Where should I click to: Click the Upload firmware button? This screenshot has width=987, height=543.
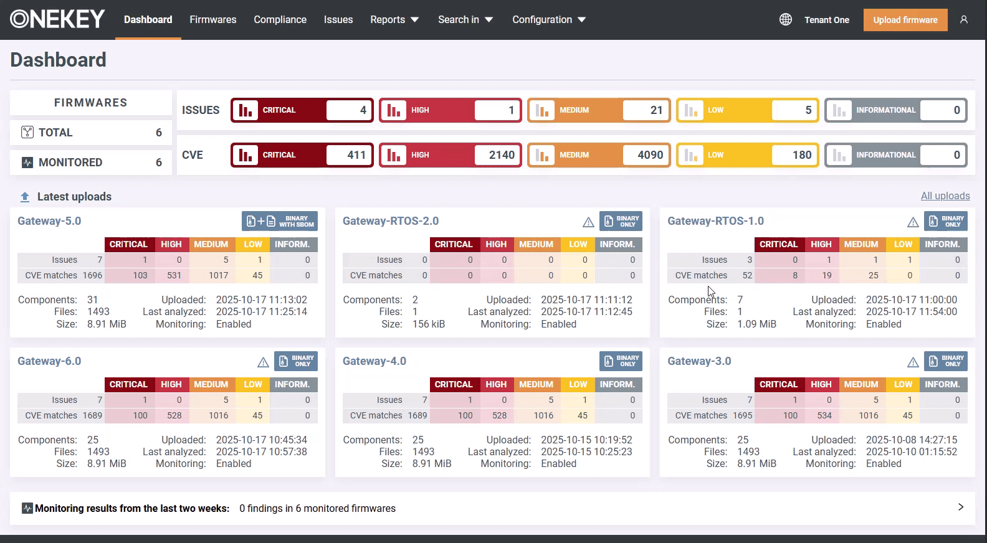point(905,20)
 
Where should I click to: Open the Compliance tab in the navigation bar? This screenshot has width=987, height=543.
point(280,20)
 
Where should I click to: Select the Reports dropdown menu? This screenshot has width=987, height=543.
point(394,20)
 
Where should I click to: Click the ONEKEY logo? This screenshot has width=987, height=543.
point(57,19)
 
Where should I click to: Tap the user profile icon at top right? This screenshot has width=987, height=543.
point(964,20)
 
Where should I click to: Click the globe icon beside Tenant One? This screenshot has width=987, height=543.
point(786,20)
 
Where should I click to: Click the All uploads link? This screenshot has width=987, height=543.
point(945,196)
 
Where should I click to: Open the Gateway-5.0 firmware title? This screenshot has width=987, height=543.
point(49,221)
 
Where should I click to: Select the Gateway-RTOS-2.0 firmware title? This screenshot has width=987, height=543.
point(391,221)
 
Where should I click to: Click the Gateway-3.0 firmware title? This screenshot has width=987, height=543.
point(699,361)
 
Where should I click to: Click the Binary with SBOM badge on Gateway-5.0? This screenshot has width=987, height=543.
point(280,221)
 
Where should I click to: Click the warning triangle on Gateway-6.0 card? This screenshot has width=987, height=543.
point(263,362)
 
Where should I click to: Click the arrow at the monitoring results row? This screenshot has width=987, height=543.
point(960,508)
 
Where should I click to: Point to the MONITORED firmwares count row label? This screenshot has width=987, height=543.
point(70,163)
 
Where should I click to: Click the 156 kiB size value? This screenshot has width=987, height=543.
point(429,324)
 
